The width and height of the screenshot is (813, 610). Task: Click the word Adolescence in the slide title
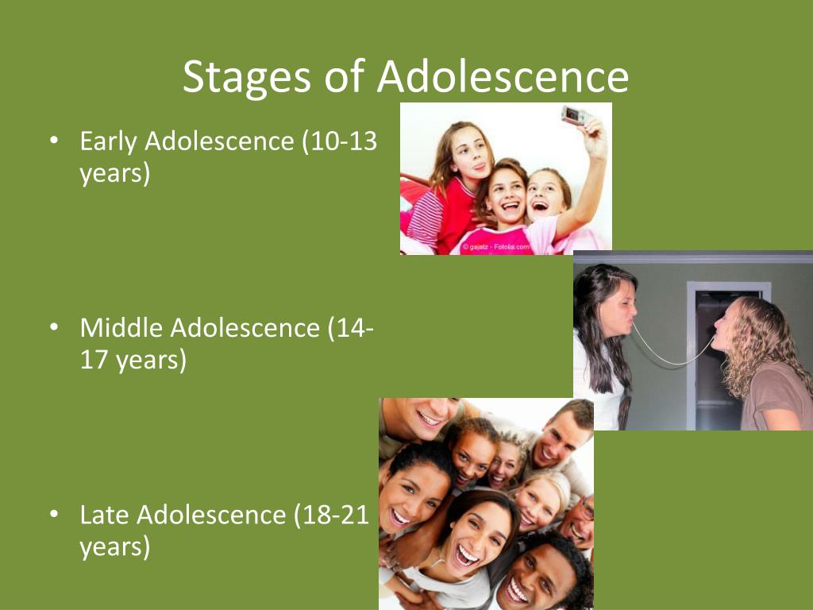tap(503, 76)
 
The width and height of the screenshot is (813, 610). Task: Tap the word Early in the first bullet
tap(108, 142)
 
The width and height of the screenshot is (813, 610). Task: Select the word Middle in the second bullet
tap(121, 328)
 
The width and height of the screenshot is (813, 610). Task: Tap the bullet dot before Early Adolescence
tap(54, 141)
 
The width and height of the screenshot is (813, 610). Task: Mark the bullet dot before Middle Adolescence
tap(54, 328)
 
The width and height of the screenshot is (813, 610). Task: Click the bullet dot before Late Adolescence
tap(54, 515)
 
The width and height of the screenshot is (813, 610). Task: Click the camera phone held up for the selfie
tap(576, 115)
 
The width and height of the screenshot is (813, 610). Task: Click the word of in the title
tap(345, 76)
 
